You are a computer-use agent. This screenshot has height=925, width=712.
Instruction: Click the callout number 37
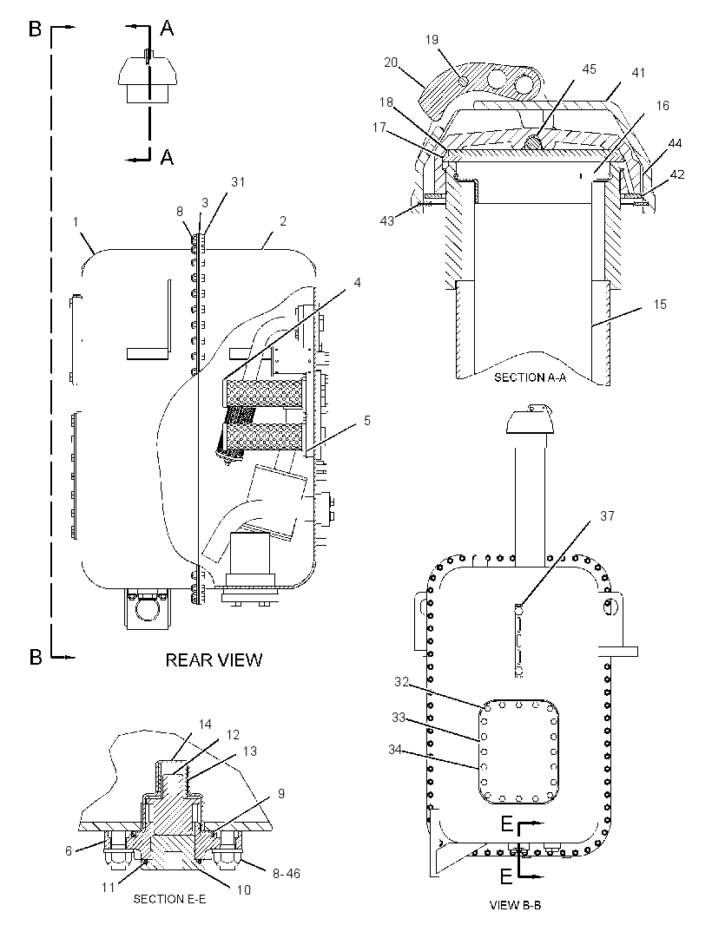[607, 516]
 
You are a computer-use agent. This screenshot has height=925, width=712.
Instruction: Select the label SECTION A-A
[530, 377]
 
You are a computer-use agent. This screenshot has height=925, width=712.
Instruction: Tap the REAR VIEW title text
[214, 659]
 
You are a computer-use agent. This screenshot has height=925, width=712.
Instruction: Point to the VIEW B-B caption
[515, 904]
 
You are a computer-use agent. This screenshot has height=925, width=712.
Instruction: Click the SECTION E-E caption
[169, 899]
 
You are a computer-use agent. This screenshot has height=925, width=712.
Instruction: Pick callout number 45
[590, 69]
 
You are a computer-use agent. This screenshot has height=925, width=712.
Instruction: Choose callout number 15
[659, 305]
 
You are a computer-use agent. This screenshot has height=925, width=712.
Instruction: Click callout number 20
[391, 62]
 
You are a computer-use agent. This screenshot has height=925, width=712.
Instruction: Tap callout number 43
[386, 220]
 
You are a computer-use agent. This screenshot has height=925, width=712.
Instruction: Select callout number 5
[367, 421]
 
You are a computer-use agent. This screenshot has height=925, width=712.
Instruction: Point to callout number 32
[401, 682]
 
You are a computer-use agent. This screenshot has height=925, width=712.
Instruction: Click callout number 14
[205, 725]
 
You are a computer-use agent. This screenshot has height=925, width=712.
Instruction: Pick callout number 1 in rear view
[76, 222]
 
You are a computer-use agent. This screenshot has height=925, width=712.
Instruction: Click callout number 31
[237, 182]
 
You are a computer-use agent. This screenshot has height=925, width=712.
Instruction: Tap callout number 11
[108, 887]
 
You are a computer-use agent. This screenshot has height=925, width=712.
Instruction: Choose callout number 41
[638, 73]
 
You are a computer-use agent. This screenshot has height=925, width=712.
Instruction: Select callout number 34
[396, 749]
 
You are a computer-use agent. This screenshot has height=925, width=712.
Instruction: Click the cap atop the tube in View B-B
[531, 423]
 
